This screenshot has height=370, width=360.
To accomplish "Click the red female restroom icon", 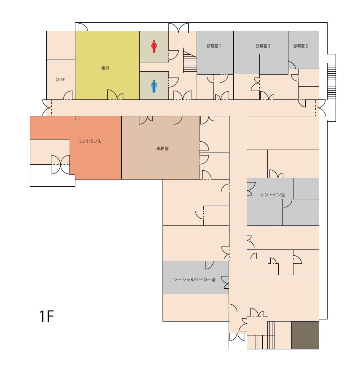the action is tap(154, 46).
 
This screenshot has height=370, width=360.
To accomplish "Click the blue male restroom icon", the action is tap(154, 86).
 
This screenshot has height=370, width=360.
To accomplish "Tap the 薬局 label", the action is tap(105, 68).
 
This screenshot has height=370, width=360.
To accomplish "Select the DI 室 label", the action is tap(60, 80).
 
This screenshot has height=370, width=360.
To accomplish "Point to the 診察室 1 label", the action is tap(214, 46).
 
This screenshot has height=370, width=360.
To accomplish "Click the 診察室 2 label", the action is tap(263, 46).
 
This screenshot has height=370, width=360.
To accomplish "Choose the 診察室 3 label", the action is tap(301, 46).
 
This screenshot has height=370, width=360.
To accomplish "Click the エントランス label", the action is tap(90, 141).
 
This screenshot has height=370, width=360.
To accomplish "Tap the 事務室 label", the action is tap(163, 148).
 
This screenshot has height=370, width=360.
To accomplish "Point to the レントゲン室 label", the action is tap(273, 195).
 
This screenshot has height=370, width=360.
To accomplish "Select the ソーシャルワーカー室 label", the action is tap(195, 279).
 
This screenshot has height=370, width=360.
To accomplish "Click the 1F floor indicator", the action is tap(47, 316).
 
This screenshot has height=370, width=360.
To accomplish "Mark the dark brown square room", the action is tap(305, 335).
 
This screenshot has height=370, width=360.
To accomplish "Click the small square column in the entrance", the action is tap(77, 118).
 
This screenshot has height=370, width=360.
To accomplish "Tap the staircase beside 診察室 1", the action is tap(190, 62).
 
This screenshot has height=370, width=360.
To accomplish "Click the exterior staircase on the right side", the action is tap(331, 82).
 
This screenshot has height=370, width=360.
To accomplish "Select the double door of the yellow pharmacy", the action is tap(115, 95).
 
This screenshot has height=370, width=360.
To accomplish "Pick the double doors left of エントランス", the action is tap(60, 164).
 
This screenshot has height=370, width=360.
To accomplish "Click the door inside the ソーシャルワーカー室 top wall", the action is tap(209, 265).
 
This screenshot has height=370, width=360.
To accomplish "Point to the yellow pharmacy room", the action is tap(107, 65).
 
